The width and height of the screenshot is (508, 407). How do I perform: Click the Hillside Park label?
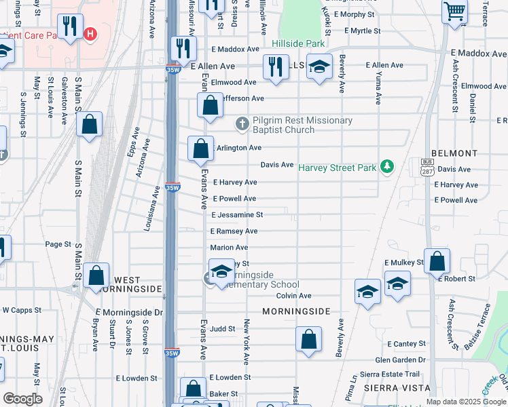click(x=298, y=43)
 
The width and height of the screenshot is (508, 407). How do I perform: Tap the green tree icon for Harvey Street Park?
click(x=387, y=166)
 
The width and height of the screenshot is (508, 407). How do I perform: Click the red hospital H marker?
click(x=90, y=34)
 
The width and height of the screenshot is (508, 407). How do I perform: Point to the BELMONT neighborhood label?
click(x=454, y=154)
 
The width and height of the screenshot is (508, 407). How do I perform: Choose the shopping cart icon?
click(x=454, y=12)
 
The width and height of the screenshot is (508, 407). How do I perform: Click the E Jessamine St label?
click(x=237, y=215)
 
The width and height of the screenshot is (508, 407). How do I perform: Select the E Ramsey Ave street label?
click(x=234, y=231)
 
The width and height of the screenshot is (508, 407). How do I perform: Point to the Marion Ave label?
click(x=229, y=248)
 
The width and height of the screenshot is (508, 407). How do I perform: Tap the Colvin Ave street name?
click(x=293, y=296)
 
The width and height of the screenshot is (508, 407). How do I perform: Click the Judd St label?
click(x=222, y=328)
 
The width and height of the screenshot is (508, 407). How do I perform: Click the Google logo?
click(x=22, y=399)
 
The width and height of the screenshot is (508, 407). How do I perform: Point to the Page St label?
click(x=58, y=244)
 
